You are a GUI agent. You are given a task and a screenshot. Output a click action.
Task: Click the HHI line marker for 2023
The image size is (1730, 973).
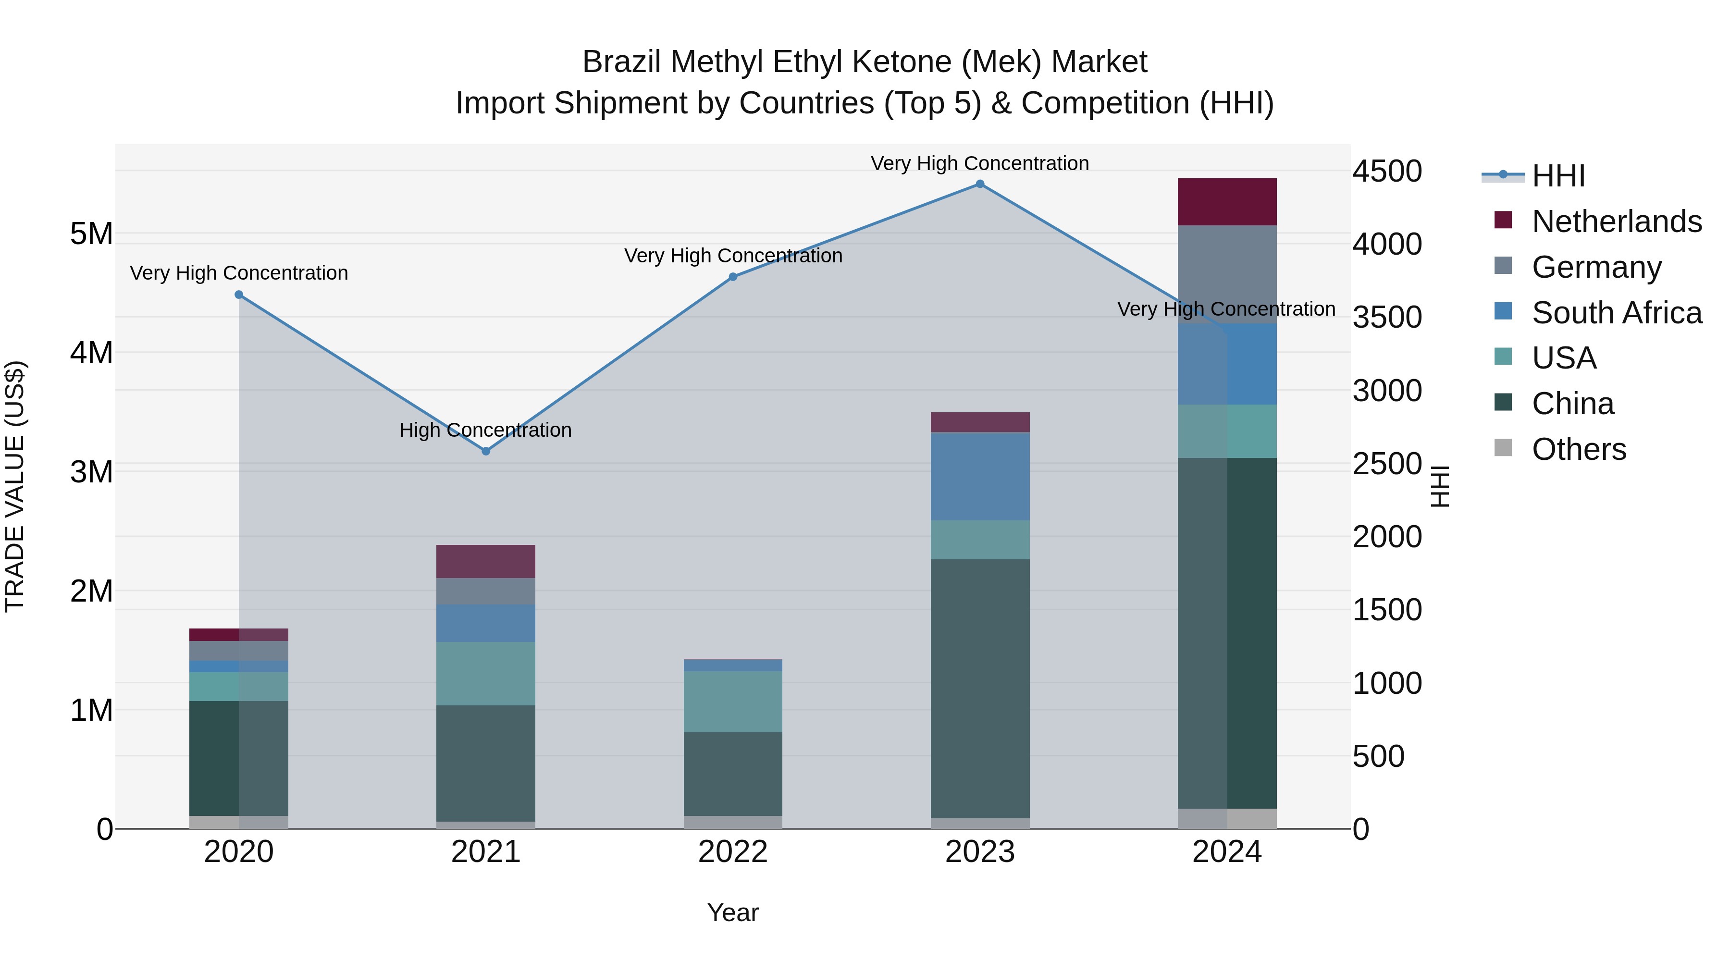[x=980, y=184]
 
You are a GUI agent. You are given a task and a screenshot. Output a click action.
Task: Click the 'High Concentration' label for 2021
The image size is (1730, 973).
[x=485, y=430]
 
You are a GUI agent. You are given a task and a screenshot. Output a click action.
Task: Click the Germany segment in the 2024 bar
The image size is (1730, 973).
[x=1227, y=275]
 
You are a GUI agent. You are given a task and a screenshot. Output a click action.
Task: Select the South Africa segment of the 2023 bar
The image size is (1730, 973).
[x=980, y=477]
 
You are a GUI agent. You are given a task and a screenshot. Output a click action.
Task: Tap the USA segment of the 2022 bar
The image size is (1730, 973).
[x=733, y=702]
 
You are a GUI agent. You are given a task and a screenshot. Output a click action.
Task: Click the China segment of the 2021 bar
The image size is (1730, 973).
[x=485, y=763]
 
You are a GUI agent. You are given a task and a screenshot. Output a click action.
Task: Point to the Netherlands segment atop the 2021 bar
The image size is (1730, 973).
[x=485, y=561]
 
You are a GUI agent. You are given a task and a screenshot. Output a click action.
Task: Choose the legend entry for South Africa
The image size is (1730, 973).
[x=1617, y=313]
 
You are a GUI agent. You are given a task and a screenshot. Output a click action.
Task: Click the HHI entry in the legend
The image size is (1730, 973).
[x=1558, y=176]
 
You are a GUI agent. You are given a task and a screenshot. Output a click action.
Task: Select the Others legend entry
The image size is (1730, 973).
[x=1578, y=449]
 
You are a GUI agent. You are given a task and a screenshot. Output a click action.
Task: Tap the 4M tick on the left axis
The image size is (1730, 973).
[x=91, y=353]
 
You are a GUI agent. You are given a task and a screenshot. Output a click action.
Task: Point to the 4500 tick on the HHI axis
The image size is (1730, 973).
[x=1387, y=171]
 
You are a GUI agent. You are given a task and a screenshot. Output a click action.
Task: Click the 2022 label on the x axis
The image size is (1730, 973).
[x=733, y=852]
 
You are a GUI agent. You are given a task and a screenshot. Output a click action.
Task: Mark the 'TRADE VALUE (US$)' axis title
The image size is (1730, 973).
[x=15, y=486]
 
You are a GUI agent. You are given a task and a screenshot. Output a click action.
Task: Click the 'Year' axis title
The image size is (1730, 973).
[x=733, y=912]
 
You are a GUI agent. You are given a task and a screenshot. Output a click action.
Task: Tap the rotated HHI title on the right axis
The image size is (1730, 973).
[x=1440, y=486]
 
